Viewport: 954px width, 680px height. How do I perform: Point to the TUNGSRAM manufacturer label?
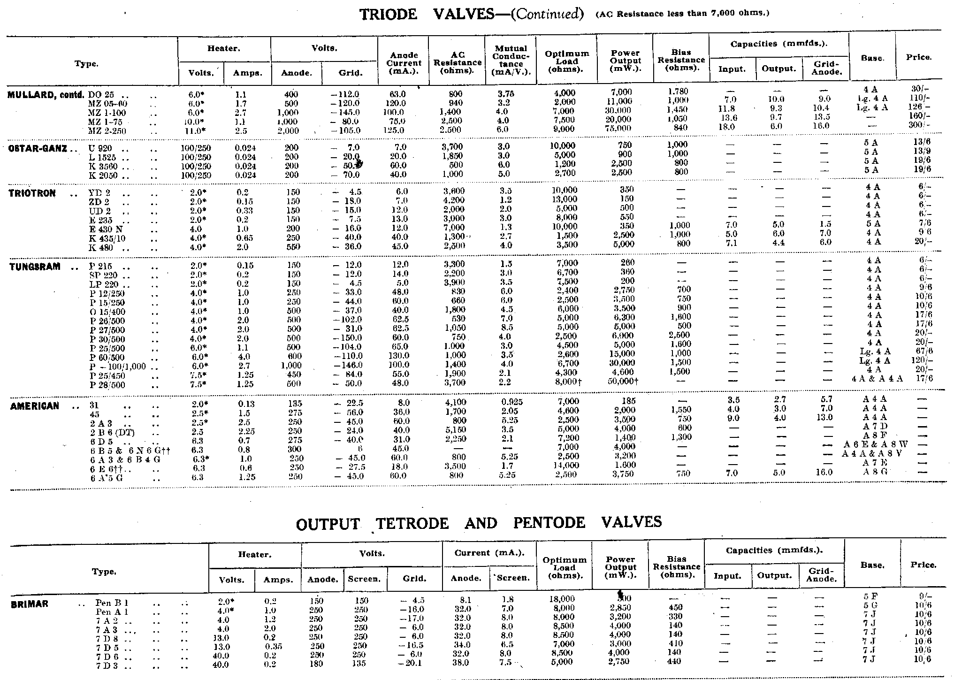tap(35, 267)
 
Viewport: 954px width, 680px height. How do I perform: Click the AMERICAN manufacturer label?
tap(35, 406)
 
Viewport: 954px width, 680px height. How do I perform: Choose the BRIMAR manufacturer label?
tap(30, 604)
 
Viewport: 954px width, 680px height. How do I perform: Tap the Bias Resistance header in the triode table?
tap(681, 60)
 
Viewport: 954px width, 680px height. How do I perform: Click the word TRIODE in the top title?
tap(389, 15)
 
